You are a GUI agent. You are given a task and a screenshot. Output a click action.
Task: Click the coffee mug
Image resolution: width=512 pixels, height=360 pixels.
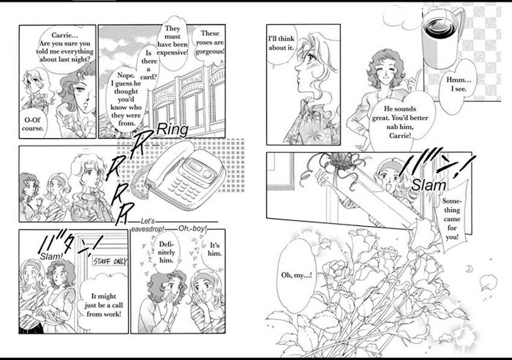(x=443, y=36)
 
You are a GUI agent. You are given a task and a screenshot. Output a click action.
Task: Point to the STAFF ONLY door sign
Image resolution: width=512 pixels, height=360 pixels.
(x=110, y=260)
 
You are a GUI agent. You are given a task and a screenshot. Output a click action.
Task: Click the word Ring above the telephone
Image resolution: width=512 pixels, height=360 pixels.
(x=172, y=130)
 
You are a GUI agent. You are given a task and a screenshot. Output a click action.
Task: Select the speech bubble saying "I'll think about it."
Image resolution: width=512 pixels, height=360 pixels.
(x=281, y=44)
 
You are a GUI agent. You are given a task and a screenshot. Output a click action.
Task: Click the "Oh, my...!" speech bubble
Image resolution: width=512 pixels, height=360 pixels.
(x=296, y=275)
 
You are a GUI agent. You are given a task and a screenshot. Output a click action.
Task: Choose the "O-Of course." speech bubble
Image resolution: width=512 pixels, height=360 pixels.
(x=33, y=124)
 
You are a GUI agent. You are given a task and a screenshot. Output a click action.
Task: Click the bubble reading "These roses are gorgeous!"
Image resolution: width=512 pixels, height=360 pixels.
(x=210, y=42)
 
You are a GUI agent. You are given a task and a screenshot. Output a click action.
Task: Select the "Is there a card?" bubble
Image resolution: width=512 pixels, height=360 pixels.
(x=149, y=64)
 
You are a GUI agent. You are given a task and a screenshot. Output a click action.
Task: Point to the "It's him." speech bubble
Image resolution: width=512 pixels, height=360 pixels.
(x=214, y=250)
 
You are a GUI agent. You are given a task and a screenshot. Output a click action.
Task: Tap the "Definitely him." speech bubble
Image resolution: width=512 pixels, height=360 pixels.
(x=166, y=252)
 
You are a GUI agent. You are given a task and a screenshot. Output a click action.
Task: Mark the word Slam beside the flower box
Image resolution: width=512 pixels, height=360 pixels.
(x=429, y=185)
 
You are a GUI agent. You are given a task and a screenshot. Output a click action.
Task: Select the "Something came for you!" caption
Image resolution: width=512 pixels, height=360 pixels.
(x=451, y=219)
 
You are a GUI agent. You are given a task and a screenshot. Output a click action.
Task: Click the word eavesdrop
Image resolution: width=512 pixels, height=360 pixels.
(x=148, y=229)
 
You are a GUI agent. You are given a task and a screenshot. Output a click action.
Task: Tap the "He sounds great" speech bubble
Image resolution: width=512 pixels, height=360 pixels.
(x=400, y=122)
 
